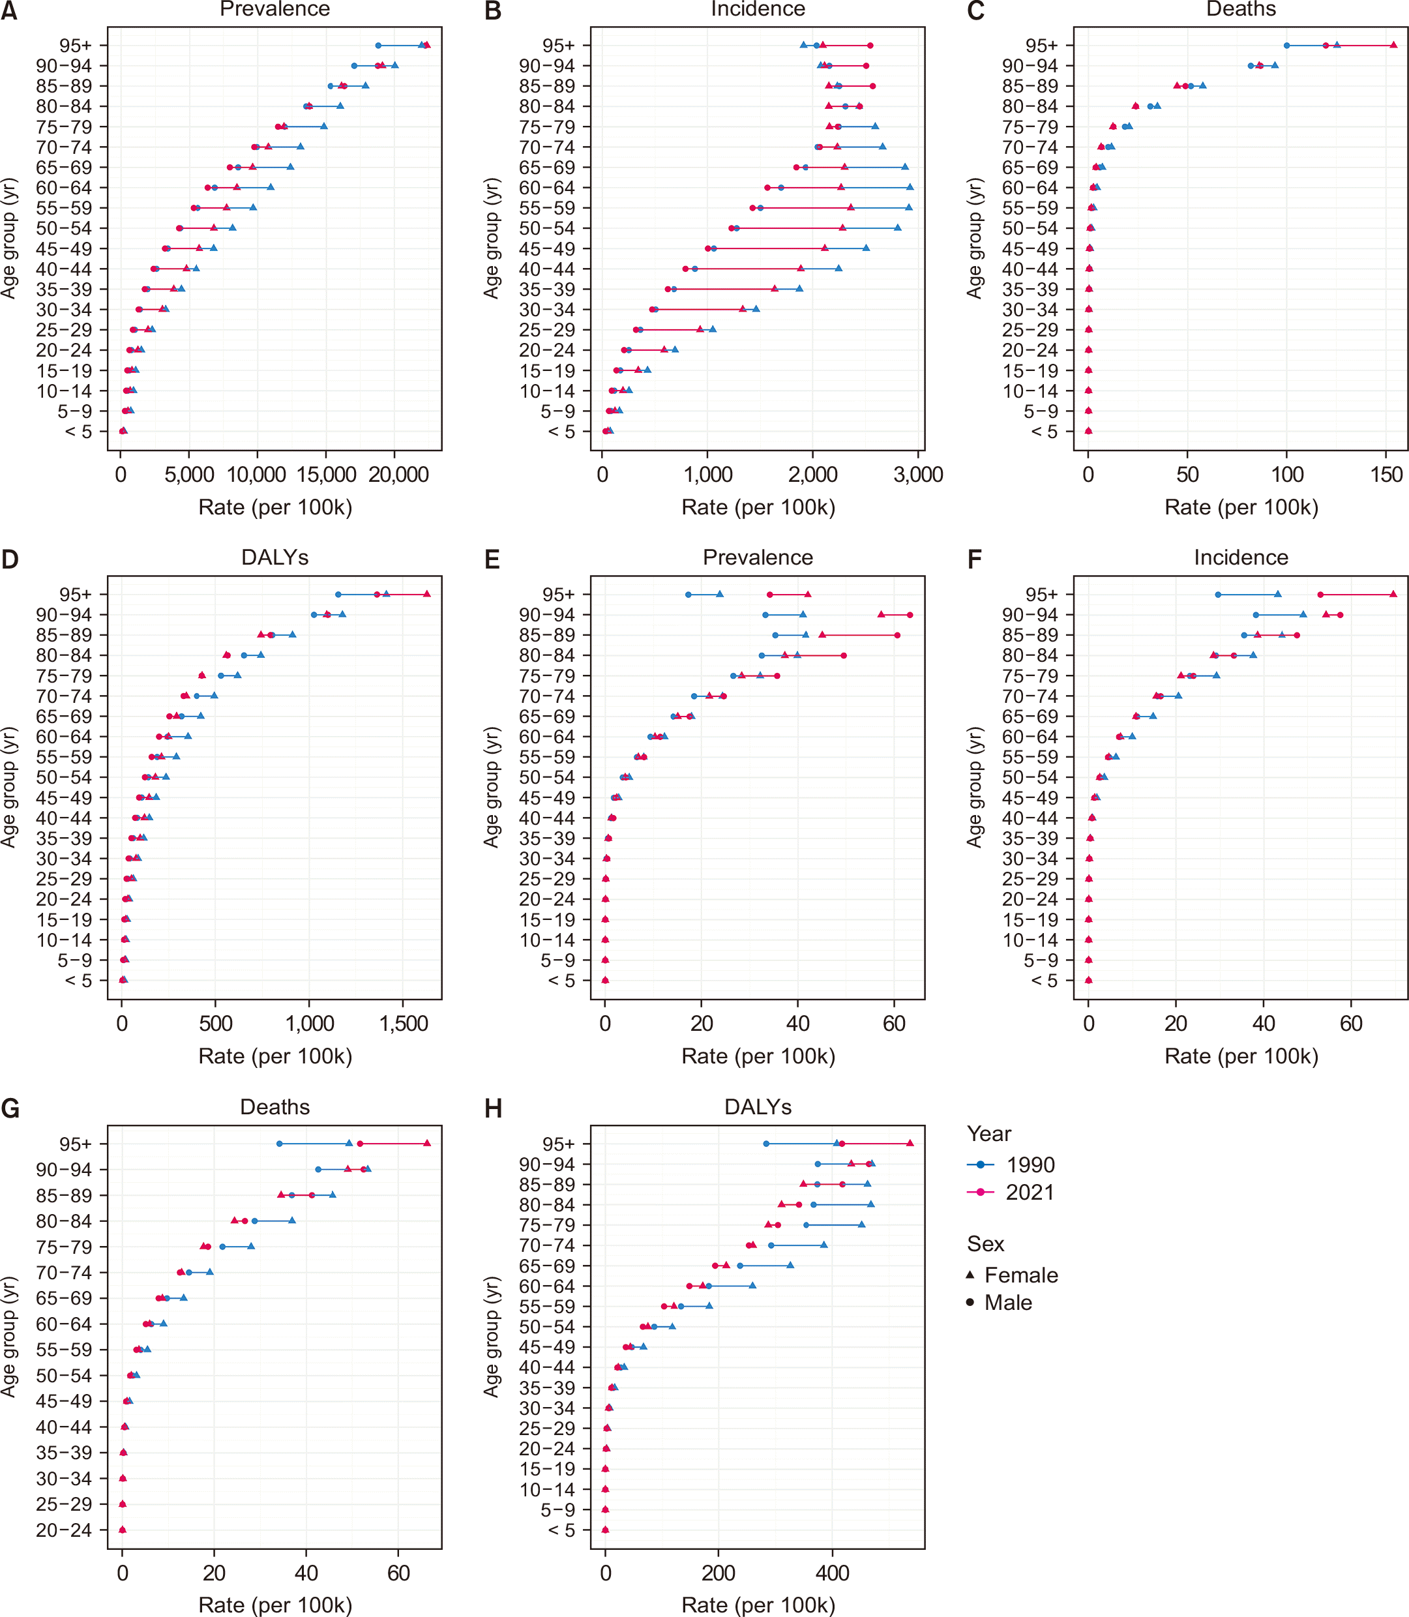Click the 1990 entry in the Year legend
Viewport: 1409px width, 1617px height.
[1011, 1165]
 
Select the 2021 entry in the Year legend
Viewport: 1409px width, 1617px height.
[1011, 1193]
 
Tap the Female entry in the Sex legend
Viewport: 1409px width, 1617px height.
[1012, 1275]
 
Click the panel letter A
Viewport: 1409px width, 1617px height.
[8, 10]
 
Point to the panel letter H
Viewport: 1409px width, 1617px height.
[493, 1108]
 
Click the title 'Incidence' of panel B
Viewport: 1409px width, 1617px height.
[758, 8]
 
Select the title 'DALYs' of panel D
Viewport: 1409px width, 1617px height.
[274, 557]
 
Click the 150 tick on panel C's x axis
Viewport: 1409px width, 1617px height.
[1386, 475]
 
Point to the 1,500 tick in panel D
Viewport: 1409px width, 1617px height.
[404, 1024]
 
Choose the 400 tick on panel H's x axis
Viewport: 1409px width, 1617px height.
[832, 1573]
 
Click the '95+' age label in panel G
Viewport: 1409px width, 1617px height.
[76, 1144]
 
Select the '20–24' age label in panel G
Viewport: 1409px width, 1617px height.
[64, 1530]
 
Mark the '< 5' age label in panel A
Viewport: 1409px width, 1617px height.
[78, 432]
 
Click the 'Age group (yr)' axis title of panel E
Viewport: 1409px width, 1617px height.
[492, 787]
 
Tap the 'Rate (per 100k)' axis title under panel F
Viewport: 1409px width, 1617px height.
[1241, 1056]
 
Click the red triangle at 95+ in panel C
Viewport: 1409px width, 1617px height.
[1393, 45]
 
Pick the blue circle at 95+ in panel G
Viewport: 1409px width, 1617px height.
[279, 1143]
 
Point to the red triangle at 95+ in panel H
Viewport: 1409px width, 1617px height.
[910, 1143]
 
